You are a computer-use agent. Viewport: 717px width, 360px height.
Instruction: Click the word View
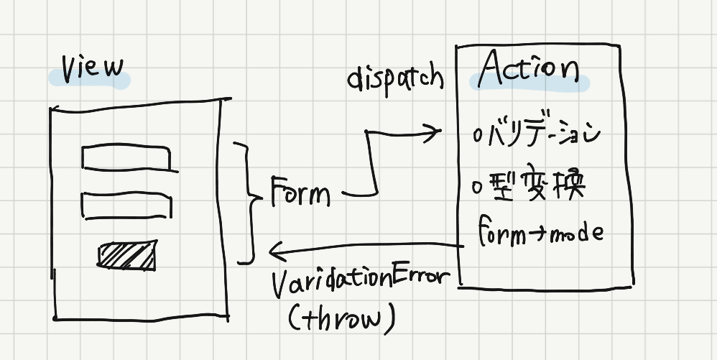93,70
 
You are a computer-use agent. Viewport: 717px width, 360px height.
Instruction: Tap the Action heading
528,70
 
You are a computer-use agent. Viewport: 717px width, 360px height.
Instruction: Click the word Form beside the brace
300,191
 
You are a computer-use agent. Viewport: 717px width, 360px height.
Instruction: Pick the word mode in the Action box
575,234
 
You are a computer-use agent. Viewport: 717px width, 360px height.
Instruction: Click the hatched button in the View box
127,255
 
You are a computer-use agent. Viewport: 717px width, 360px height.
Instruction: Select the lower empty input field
126,206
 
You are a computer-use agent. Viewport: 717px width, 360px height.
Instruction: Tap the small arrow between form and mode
537,235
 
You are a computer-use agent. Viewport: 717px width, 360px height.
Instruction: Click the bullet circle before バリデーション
478,137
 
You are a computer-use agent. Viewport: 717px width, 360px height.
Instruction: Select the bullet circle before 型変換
478,188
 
